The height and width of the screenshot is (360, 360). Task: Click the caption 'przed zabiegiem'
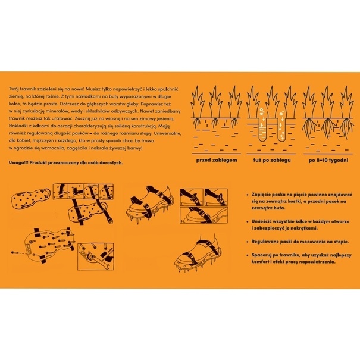[x=217, y=160]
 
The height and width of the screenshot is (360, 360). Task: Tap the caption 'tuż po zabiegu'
[x=272, y=160]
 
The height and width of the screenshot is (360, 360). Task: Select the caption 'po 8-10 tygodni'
[x=328, y=160]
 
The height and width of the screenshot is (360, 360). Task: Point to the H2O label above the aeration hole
[x=261, y=112]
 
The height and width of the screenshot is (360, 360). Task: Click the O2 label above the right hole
[x=281, y=113]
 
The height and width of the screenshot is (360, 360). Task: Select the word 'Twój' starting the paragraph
[x=13, y=89]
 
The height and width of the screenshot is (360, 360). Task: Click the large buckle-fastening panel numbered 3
[x=204, y=215]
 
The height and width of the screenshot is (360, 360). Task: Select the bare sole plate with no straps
[x=31, y=199]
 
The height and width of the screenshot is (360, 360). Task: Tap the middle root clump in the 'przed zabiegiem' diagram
[x=215, y=123]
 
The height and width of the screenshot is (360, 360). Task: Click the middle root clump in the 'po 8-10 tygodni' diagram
[x=328, y=126]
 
